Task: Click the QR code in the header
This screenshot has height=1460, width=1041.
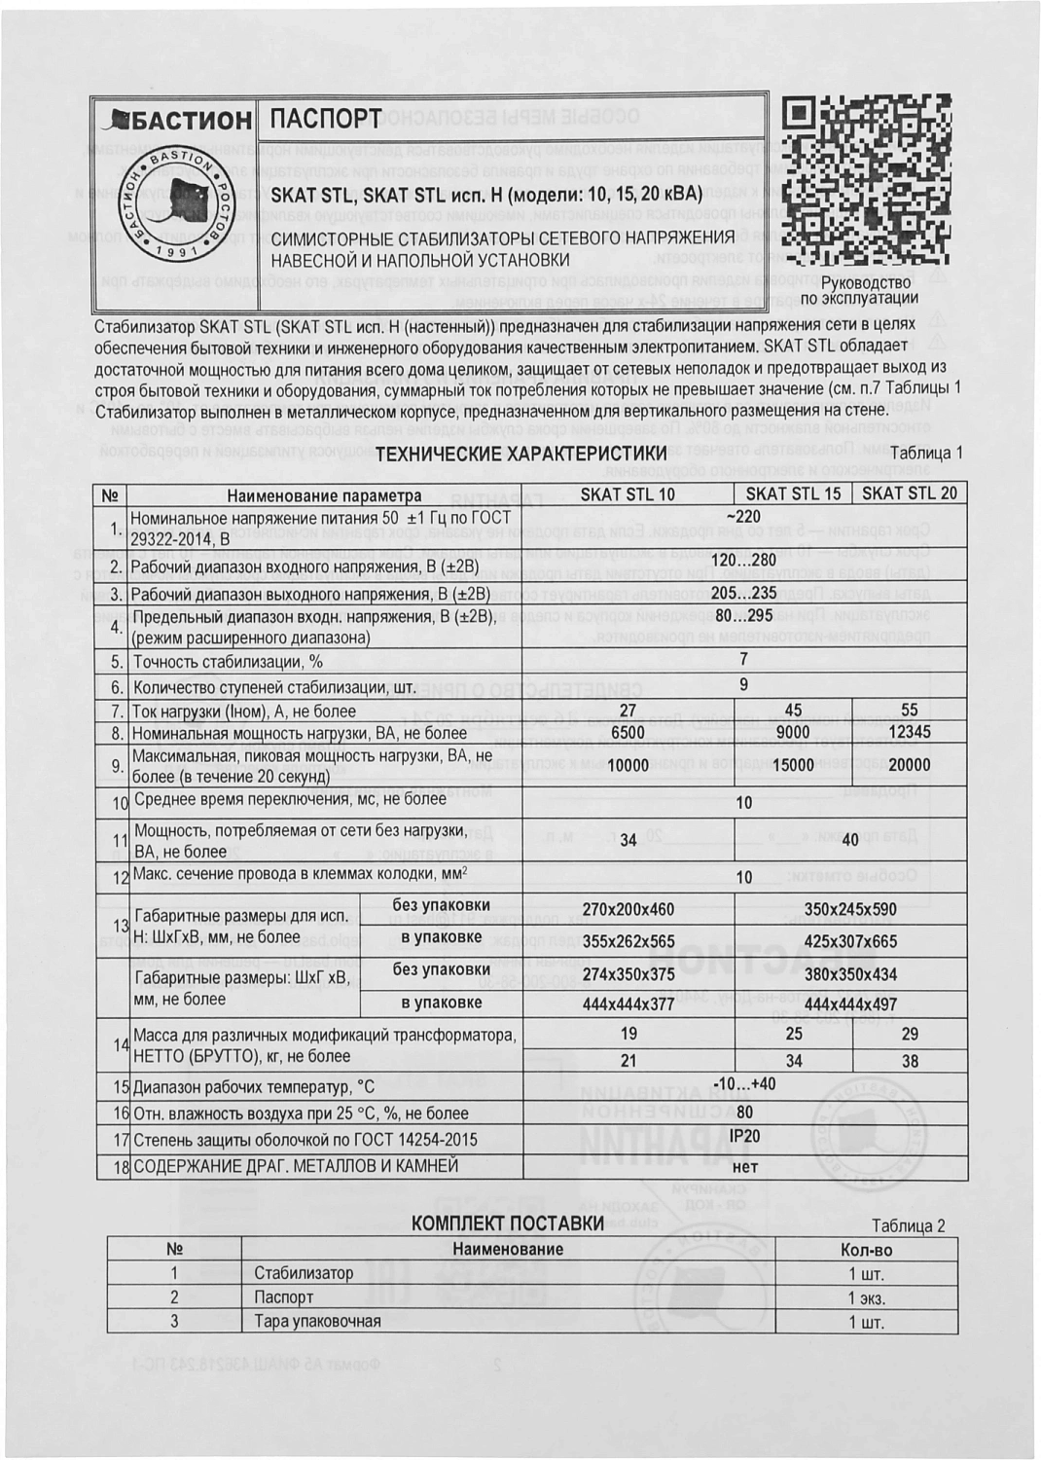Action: [x=867, y=179]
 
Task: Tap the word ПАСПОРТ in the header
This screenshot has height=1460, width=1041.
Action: [x=326, y=119]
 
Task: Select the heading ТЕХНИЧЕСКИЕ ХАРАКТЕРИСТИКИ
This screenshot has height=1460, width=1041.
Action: [x=520, y=453]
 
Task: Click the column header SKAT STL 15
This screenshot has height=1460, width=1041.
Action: [x=793, y=493]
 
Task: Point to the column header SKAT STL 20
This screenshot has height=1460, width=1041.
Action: [x=910, y=493]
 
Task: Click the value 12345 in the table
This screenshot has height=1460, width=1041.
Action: [x=910, y=732]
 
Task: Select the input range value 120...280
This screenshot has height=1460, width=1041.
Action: [x=744, y=561]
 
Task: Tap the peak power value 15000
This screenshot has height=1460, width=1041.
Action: [x=793, y=765]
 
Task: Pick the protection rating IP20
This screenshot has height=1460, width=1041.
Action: [x=744, y=1136]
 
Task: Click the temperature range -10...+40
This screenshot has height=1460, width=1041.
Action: [x=744, y=1084]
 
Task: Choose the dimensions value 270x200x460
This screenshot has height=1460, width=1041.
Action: [x=628, y=910]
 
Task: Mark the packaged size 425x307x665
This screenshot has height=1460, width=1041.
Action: [x=850, y=941]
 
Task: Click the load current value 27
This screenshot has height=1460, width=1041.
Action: [x=628, y=711]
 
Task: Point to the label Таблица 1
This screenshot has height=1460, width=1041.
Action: [x=925, y=453]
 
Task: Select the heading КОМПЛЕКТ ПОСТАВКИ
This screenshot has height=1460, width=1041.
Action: [x=508, y=1223]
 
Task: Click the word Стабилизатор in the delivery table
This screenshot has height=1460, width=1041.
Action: [x=304, y=1273]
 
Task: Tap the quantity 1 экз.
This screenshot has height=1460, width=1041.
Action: [x=865, y=1298]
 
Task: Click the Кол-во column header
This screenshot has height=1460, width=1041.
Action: [x=865, y=1250]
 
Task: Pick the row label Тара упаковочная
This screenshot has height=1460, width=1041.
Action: [x=317, y=1322]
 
